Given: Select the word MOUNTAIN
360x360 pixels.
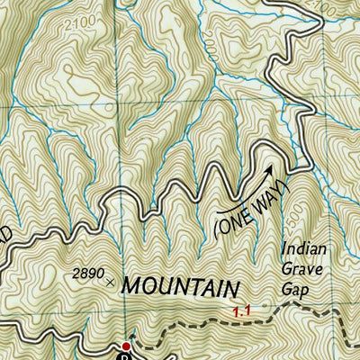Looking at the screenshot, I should coord(182,287).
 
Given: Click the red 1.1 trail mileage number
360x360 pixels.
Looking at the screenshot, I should coord(240,311).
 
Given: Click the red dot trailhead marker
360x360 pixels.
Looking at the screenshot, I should coord(127,346).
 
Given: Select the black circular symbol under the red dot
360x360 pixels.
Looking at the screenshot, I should coord(127,356).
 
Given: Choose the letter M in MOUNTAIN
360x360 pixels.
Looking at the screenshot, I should coord(130,287).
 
